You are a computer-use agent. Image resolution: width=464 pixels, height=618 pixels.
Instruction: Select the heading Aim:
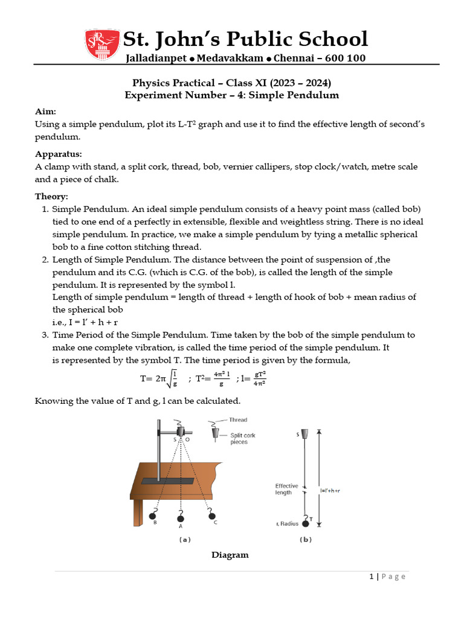[x=45, y=112]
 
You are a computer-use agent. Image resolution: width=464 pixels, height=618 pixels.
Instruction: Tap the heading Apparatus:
[x=59, y=154]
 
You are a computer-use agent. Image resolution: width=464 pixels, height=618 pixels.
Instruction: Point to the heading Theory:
[x=51, y=196]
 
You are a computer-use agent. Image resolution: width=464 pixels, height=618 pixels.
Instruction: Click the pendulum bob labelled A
[x=180, y=517]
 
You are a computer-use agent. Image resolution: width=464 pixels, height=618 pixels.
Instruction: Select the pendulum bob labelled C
[x=211, y=515]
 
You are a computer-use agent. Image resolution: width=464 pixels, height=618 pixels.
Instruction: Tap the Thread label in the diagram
[x=238, y=419]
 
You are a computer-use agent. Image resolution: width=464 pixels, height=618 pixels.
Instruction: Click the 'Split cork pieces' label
[x=239, y=438]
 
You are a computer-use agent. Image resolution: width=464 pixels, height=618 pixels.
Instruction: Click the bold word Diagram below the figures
[x=230, y=555]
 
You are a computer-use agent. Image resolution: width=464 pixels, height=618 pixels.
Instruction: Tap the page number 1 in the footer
[x=372, y=577]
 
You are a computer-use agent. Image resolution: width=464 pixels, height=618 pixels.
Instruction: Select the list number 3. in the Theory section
[x=45, y=335]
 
